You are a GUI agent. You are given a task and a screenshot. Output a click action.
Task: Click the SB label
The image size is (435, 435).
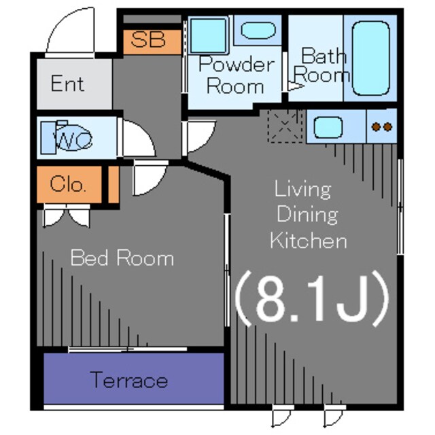[148, 39]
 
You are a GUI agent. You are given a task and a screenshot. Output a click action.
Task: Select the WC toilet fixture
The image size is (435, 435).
[67, 137]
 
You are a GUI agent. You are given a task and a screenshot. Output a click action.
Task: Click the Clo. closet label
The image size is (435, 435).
[67, 184]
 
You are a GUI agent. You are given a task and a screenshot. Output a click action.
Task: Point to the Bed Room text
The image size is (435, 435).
[122, 258]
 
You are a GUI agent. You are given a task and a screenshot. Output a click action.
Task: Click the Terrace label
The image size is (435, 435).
[129, 380]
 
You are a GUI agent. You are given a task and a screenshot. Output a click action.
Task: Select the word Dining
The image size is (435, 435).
[307, 215]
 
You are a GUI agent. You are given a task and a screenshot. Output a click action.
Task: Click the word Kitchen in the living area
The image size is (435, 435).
[308, 241]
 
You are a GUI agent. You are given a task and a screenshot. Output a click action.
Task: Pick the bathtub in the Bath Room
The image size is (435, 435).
[370, 58]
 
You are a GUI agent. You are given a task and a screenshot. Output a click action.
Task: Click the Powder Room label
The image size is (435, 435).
[236, 75]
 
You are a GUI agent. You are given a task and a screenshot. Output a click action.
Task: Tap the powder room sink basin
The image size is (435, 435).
[258, 30]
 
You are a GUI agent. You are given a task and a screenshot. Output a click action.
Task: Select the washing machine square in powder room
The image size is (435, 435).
[209, 35]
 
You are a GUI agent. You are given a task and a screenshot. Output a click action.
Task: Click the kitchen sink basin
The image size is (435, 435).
[328, 127]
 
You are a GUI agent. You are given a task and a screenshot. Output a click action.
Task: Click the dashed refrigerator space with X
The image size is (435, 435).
[285, 126]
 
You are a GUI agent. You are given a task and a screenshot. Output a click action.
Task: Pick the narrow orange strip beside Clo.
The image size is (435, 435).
[114, 184]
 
